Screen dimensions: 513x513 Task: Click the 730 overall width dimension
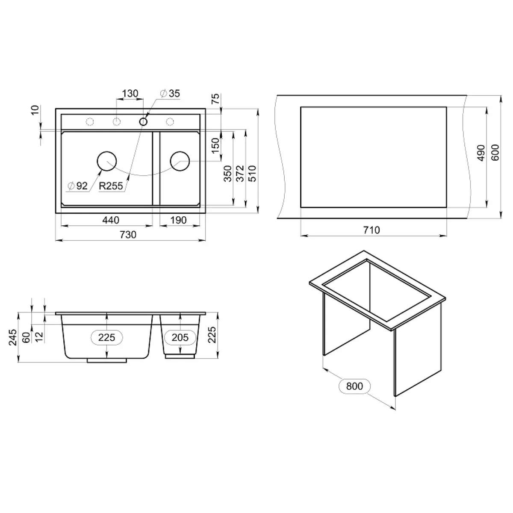pos(128,235)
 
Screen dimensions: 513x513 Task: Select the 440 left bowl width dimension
pos(110,220)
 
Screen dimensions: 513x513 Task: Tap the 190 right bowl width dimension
pos(178,220)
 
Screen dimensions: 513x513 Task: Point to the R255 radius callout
pos(111,186)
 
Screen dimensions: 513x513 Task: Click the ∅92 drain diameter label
pos(77,186)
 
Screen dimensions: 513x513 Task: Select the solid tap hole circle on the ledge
pos(143,122)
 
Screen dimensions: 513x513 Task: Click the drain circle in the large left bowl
pos(107,161)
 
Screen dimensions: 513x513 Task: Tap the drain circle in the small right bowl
pos(180,161)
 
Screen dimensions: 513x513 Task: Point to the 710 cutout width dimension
pos(371,230)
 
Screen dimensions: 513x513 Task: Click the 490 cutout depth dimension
pos(480,153)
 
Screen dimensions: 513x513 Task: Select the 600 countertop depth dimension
pos(495,153)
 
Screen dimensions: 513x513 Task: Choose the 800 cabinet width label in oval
pos(354,386)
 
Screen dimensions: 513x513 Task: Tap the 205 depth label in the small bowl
pos(180,338)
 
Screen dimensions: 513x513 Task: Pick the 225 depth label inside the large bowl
pos(107,338)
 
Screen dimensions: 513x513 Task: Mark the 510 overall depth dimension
pos(252,173)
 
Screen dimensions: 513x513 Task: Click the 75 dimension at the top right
pos(216,99)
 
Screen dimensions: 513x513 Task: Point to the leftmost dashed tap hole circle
pos(90,122)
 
